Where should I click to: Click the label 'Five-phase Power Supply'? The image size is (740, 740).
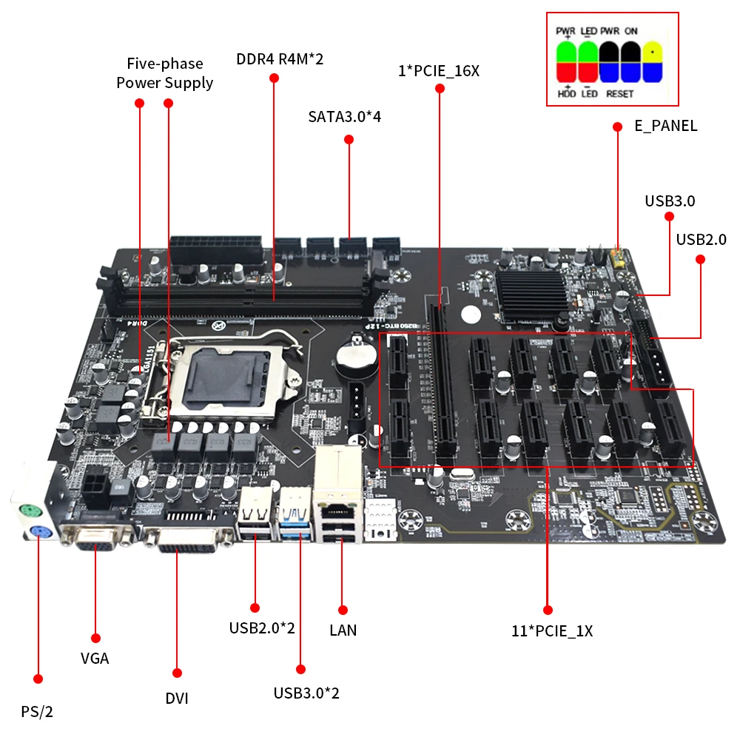click(164, 73)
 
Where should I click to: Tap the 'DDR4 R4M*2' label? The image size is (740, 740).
click(280, 59)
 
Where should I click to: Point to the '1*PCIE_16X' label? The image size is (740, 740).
click(439, 71)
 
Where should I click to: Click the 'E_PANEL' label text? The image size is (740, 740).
click(665, 126)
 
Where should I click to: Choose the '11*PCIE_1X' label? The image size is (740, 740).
click(551, 631)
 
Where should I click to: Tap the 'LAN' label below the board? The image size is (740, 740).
click(343, 630)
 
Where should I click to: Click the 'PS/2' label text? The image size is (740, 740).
click(37, 712)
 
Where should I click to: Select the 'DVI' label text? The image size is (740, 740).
click(177, 698)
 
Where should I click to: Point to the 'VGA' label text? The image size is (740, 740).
click(95, 658)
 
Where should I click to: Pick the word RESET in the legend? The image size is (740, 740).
click(619, 94)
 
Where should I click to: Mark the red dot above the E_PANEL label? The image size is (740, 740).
click(617, 127)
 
